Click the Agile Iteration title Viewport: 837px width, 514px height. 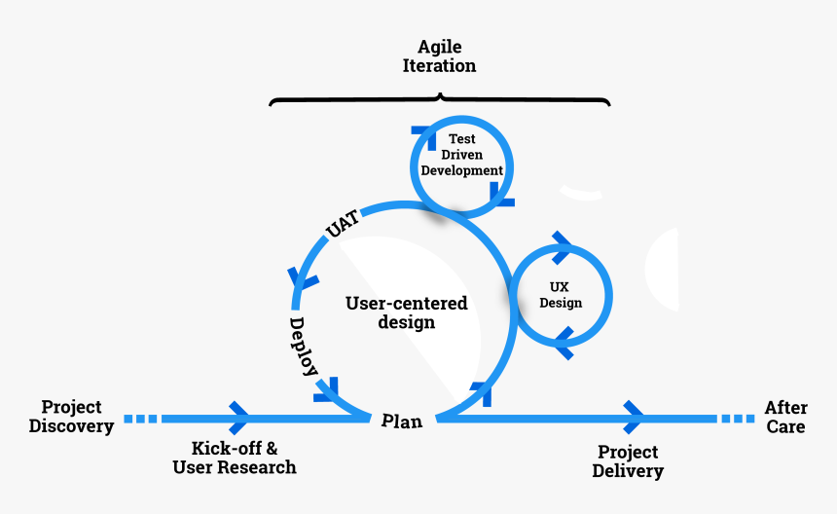[x=439, y=56]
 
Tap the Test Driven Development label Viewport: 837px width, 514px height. [x=461, y=155]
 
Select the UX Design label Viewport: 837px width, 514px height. [x=561, y=295]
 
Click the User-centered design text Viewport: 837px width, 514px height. [x=406, y=312]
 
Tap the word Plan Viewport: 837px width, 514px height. [x=402, y=421]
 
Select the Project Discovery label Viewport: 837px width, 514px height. [x=71, y=416]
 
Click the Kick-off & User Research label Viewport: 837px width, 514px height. [x=235, y=458]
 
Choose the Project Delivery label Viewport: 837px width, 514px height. [x=628, y=461]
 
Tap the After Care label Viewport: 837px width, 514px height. [x=784, y=417]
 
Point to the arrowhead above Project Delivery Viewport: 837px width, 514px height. [x=635, y=418]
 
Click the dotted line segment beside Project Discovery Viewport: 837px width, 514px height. [x=140, y=419]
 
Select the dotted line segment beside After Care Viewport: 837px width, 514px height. [x=737, y=419]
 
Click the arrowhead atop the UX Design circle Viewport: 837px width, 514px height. [x=562, y=247]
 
